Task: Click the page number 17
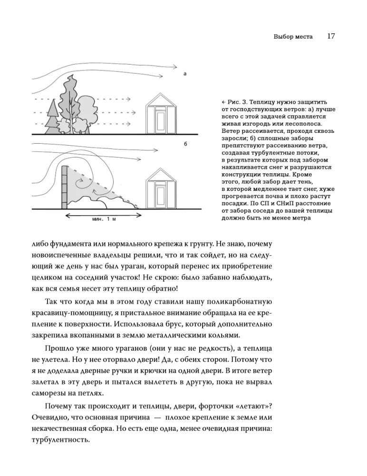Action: pos(332,37)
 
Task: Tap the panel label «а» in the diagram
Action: pos(184,74)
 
